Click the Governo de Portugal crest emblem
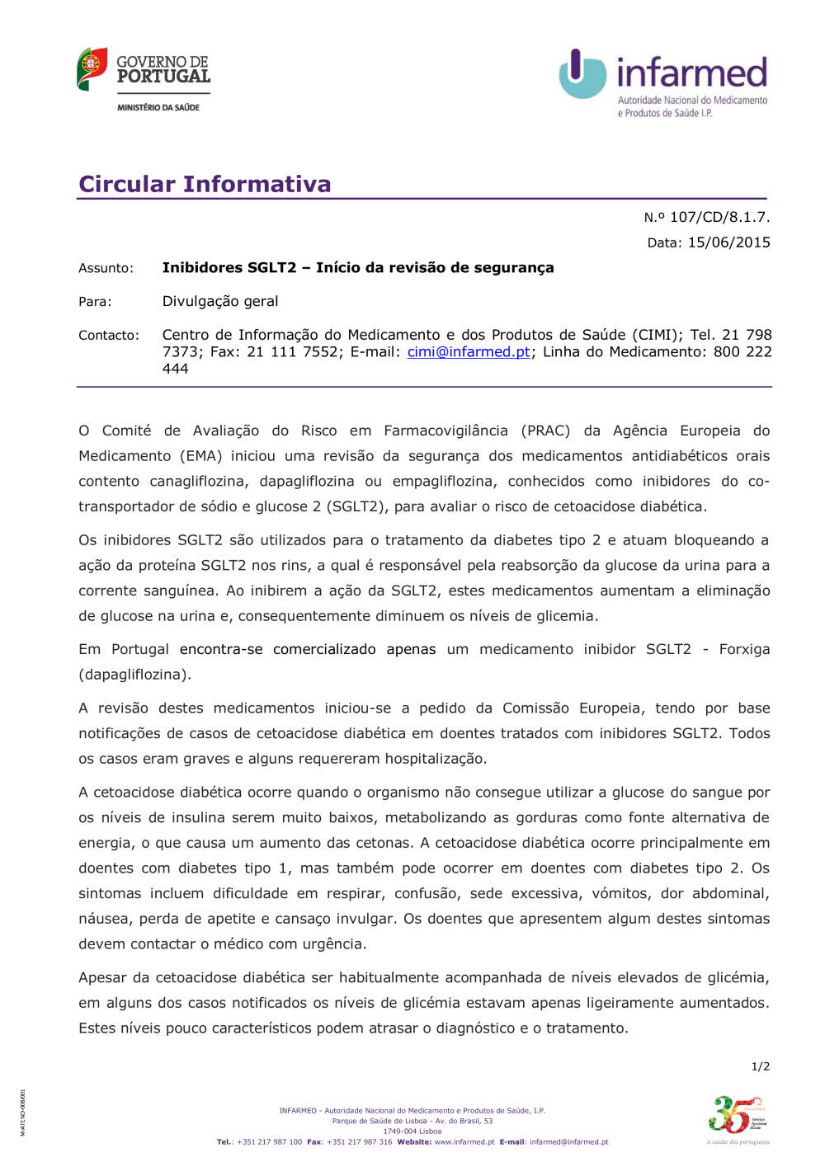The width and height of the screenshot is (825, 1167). click(x=92, y=68)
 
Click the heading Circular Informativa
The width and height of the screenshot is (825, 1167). click(x=205, y=184)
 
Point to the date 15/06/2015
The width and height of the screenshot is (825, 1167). click(x=729, y=242)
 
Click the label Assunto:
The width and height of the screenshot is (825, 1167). click(x=106, y=268)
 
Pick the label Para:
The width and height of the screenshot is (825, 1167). click(x=95, y=302)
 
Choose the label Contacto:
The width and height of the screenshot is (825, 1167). click(x=109, y=336)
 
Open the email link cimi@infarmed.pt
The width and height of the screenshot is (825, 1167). click(x=469, y=352)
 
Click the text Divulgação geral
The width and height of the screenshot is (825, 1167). click(x=220, y=301)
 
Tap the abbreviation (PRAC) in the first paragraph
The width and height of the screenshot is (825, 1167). click(x=545, y=431)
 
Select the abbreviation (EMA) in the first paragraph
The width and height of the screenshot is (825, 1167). click(x=199, y=456)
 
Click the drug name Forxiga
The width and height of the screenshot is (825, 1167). click(x=744, y=649)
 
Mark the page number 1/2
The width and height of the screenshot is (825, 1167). click(x=760, y=1066)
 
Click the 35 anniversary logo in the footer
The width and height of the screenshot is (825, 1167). click(x=736, y=1115)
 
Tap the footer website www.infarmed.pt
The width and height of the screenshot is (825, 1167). click(x=464, y=1142)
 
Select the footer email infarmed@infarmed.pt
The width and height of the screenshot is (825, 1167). click(x=568, y=1142)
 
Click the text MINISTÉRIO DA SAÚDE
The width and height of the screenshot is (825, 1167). click(x=158, y=107)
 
